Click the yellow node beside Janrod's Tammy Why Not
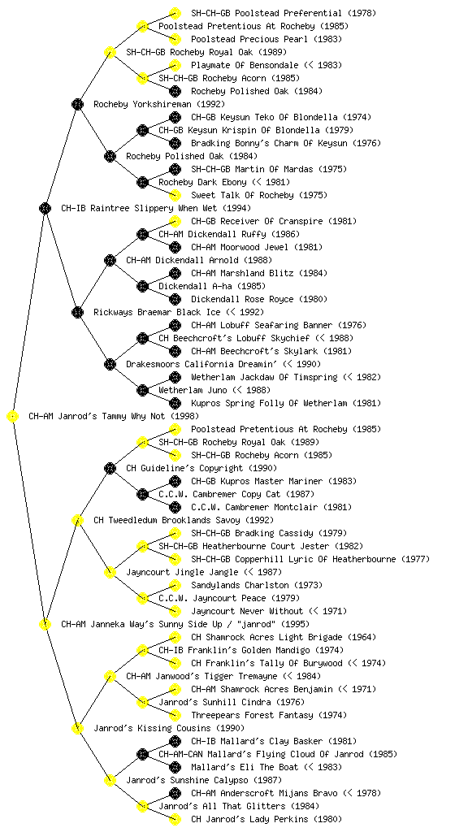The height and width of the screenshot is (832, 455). click(12, 417)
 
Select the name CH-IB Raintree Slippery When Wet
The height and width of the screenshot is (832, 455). click(140, 208)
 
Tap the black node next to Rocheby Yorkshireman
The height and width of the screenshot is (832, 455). click(77, 104)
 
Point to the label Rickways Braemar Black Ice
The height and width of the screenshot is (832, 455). click(158, 312)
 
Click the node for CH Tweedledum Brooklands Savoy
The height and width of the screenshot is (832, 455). click(77, 520)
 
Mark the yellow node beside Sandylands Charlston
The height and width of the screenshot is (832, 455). click(175, 585)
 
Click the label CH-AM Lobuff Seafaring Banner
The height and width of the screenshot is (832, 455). click(262, 325)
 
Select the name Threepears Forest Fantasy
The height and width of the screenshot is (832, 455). click(252, 715)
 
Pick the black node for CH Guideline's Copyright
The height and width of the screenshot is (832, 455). click(110, 468)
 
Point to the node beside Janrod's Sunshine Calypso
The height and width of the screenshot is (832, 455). click(110, 780)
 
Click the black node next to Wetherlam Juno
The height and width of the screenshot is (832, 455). click(142, 390)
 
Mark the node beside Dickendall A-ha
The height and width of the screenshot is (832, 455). click(142, 286)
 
